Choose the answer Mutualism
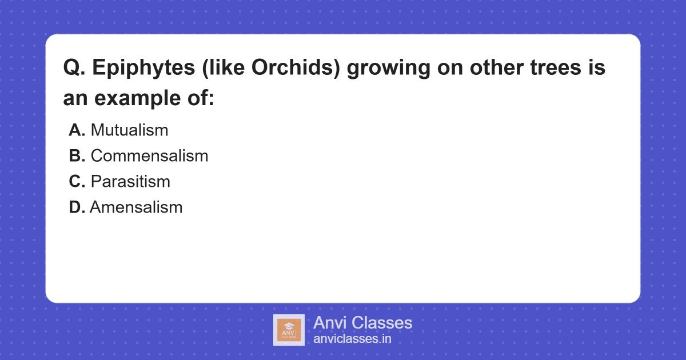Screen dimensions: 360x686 (129, 130)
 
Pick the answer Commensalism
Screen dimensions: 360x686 (149, 156)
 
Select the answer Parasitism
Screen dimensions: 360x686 (130, 182)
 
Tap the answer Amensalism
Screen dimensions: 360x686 (136, 207)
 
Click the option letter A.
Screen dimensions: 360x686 (77, 130)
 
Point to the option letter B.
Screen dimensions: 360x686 (77, 156)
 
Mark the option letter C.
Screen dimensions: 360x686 (77, 182)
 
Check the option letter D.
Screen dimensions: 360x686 (77, 207)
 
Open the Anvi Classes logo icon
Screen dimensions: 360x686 (289, 330)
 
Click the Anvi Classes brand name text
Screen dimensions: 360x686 (362, 323)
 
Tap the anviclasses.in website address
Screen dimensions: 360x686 (352, 339)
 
